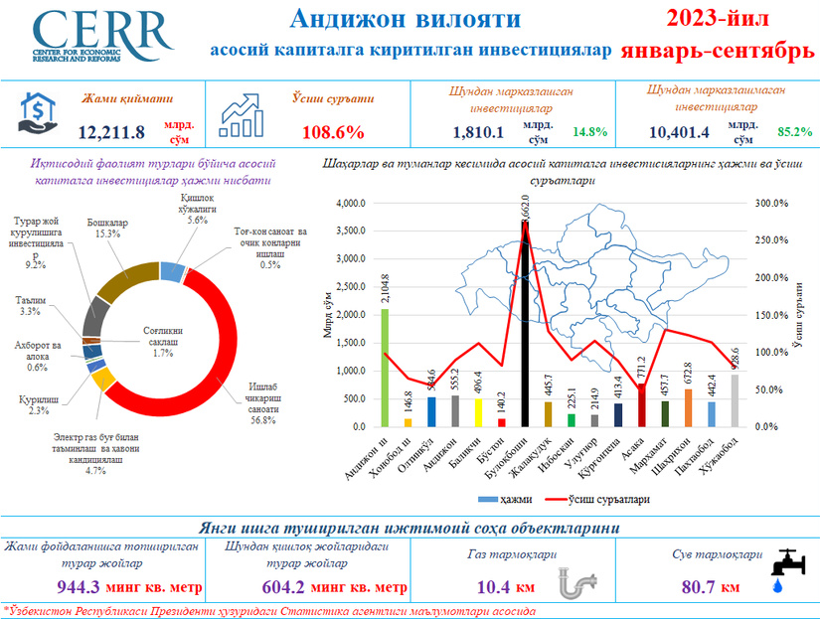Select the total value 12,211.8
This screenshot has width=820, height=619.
(x=111, y=131)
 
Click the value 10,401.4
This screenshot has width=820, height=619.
(x=678, y=131)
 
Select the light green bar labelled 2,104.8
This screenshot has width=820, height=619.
(x=385, y=368)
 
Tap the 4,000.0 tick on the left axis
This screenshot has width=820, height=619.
(x=352, y=204)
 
